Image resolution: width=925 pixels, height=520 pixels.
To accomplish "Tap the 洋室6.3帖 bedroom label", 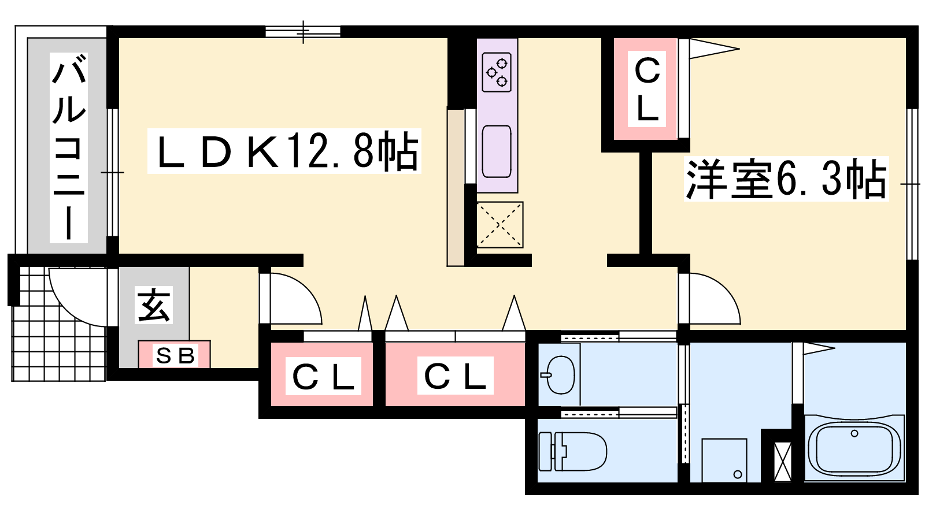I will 785,179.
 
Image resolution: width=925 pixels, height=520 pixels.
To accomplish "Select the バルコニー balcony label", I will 69,147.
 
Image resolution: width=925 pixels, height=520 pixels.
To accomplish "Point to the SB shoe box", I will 175,355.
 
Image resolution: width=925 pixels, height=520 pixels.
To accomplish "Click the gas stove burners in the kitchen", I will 497,72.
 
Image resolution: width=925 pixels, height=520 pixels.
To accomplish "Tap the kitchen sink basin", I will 497,152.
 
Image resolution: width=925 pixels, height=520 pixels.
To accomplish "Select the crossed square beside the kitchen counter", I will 499,225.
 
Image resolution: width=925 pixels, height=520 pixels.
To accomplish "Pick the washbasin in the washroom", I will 560,375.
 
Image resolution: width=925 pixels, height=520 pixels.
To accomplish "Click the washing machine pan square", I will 724,460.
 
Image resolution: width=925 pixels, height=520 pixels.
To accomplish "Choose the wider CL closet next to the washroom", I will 455,376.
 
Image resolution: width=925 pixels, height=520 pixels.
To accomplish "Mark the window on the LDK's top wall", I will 303,32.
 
